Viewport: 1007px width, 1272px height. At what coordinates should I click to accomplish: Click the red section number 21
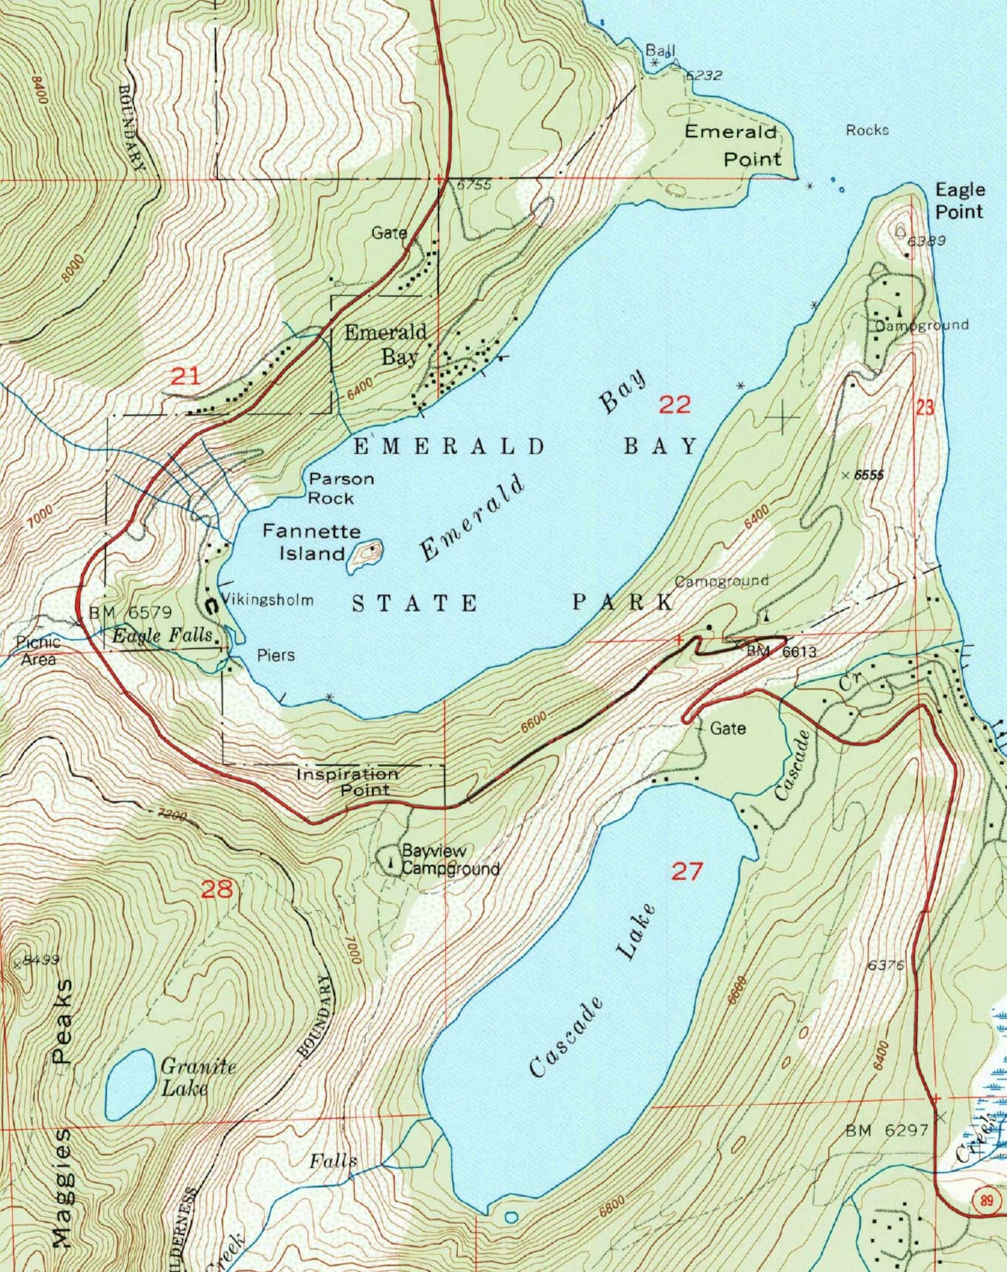185,377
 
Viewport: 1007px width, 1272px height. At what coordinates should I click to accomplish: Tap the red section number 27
687,872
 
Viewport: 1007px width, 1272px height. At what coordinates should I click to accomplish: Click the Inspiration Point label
348,782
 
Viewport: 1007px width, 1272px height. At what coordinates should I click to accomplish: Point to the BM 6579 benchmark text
131,613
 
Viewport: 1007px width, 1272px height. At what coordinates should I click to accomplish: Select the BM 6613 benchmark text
781,651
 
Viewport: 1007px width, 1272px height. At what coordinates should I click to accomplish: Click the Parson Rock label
341,488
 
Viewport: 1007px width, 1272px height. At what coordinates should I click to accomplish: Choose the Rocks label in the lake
867,130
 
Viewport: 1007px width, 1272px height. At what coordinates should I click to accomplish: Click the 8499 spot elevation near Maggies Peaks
41,960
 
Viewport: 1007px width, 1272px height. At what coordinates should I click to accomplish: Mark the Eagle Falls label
162,636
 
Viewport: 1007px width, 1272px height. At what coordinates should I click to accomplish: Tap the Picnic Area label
39,651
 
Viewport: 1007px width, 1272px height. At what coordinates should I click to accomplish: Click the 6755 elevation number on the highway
474,185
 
